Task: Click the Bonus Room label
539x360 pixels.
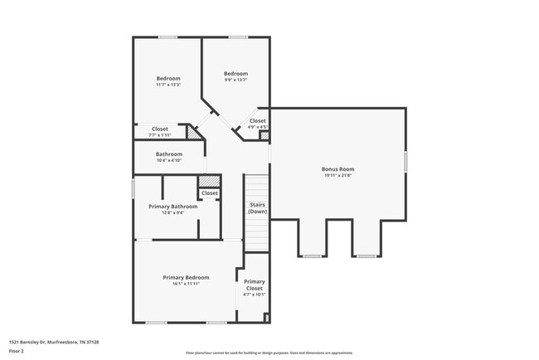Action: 337,169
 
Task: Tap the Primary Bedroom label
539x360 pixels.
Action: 186,277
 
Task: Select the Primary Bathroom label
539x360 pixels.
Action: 178,207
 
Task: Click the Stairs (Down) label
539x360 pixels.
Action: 257,208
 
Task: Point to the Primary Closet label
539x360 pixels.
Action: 255,285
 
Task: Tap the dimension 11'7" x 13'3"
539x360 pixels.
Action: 168,85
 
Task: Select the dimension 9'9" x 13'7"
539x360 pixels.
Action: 236,80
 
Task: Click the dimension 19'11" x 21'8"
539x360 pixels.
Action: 337,175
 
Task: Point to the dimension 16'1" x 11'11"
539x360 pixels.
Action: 186,284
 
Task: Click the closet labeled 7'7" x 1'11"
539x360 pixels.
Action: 159,129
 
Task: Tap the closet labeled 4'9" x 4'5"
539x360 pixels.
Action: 258,121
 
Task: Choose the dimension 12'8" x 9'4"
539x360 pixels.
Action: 178,212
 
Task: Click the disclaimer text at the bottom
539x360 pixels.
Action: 269,353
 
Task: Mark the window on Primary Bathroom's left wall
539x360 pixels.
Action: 134,188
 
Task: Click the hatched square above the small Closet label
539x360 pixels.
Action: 210,181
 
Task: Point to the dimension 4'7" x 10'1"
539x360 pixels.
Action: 255,294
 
